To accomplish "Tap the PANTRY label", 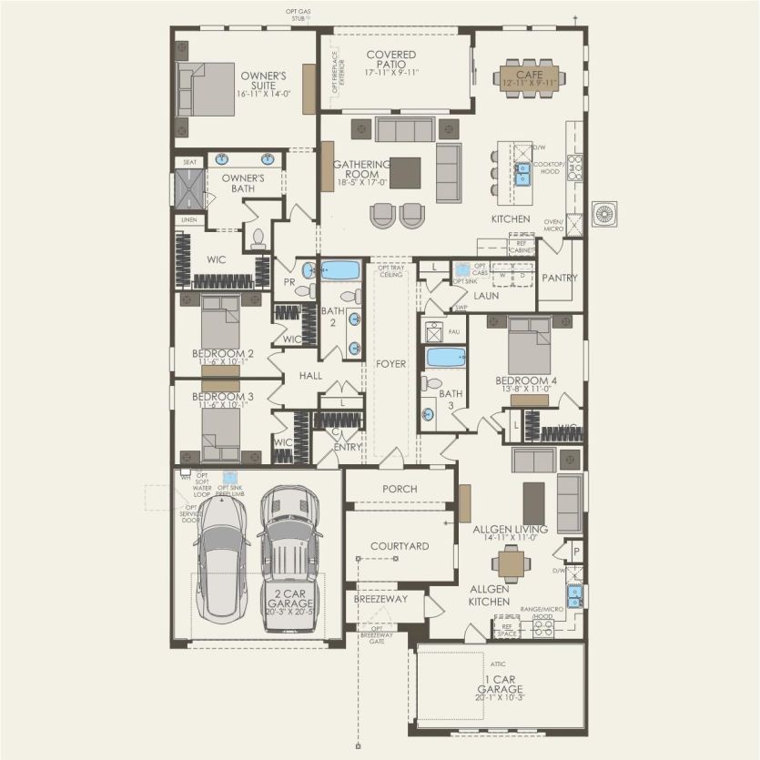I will click(x=559, y=278).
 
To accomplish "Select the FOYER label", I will click(x=391, y=364).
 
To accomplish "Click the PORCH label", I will click(x=400, y=489).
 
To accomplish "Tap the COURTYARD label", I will click(x=400, y=546).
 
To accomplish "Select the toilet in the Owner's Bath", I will click(x=258, y=238).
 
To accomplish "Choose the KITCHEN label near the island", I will click(x=511, y=219).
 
